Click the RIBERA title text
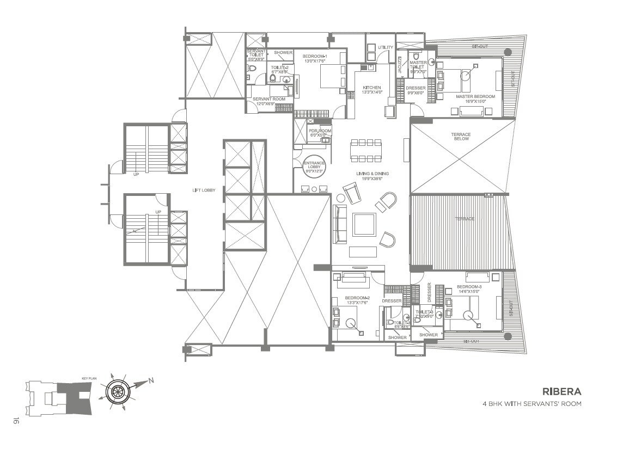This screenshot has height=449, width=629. tap(561, 391)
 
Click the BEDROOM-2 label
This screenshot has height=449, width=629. tap(357, 299)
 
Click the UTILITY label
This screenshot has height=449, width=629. tap(385, 48)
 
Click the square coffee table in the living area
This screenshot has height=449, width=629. tap(364, 224)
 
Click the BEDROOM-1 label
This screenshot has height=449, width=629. tap(315, 57)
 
